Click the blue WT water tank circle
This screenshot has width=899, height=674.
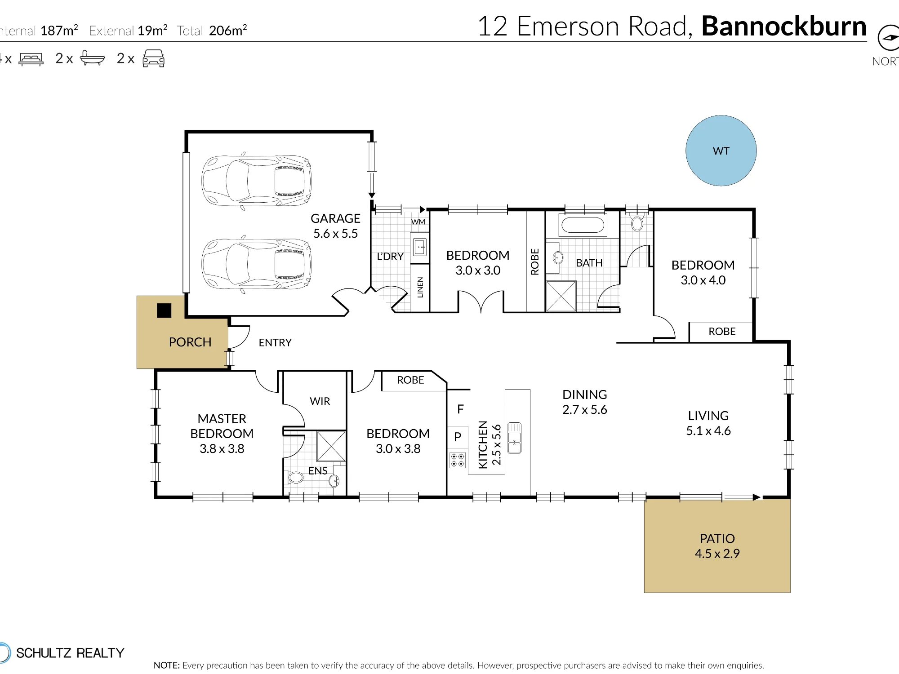721,151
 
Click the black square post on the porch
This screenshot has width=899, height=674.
164,310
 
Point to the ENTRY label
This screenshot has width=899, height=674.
275,343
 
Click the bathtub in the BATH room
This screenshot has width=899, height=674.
583,225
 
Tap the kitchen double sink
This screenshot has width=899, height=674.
514,438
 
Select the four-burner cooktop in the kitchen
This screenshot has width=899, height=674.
458,460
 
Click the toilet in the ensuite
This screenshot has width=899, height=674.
294,477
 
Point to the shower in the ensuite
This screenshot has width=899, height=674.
331,446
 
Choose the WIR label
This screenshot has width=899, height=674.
320,401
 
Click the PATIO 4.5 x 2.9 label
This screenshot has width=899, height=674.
717,546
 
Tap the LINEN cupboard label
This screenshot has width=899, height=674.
420,288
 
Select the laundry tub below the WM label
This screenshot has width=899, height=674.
420,247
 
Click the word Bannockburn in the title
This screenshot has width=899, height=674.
784,26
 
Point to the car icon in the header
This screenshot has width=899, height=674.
153,58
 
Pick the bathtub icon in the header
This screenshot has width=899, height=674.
92,58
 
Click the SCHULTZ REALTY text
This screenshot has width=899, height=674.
70,653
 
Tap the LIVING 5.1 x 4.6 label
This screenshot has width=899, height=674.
708,423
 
